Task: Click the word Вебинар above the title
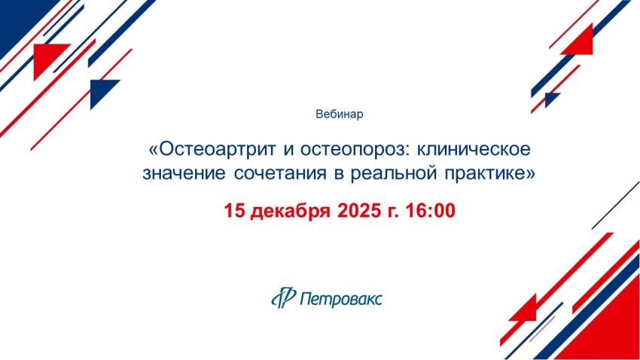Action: (x=339, y=114)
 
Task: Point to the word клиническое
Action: (x=474, y=149)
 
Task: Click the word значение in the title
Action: (x=184, y=173)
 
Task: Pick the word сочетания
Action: (x=280, y=173)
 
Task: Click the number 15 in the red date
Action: (x=234, y=211)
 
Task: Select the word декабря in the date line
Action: (x=290, y=212)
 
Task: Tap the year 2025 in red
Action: (x=358, y=211)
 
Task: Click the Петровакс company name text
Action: (x=341, y=299)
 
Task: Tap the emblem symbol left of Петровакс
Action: (x=283, y=297)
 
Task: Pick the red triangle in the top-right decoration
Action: (x=580, y=42)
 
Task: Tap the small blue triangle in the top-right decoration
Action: (x=551, y=99)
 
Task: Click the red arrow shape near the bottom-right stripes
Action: (x=526, y=310)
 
